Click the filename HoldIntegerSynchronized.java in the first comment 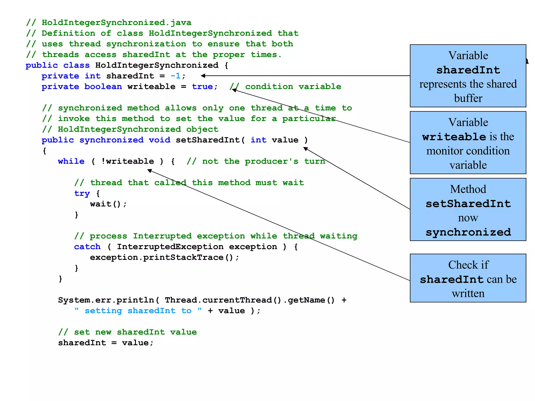point(117,23)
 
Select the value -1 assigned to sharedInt point(175,76)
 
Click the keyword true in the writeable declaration point(202,87)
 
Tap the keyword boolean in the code point(103,87)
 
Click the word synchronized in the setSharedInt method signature point(111,140)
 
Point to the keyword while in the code point(71,161)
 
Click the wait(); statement point(108,204)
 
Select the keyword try point(82,193)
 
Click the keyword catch point(87,247)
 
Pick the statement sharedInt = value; point(106,343)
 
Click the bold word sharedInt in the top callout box point(468,70)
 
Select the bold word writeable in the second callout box point(454,137)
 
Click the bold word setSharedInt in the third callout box point(468,204)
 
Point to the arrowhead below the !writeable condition point(149,171)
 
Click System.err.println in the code point(106,300)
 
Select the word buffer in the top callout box point(468,98)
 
